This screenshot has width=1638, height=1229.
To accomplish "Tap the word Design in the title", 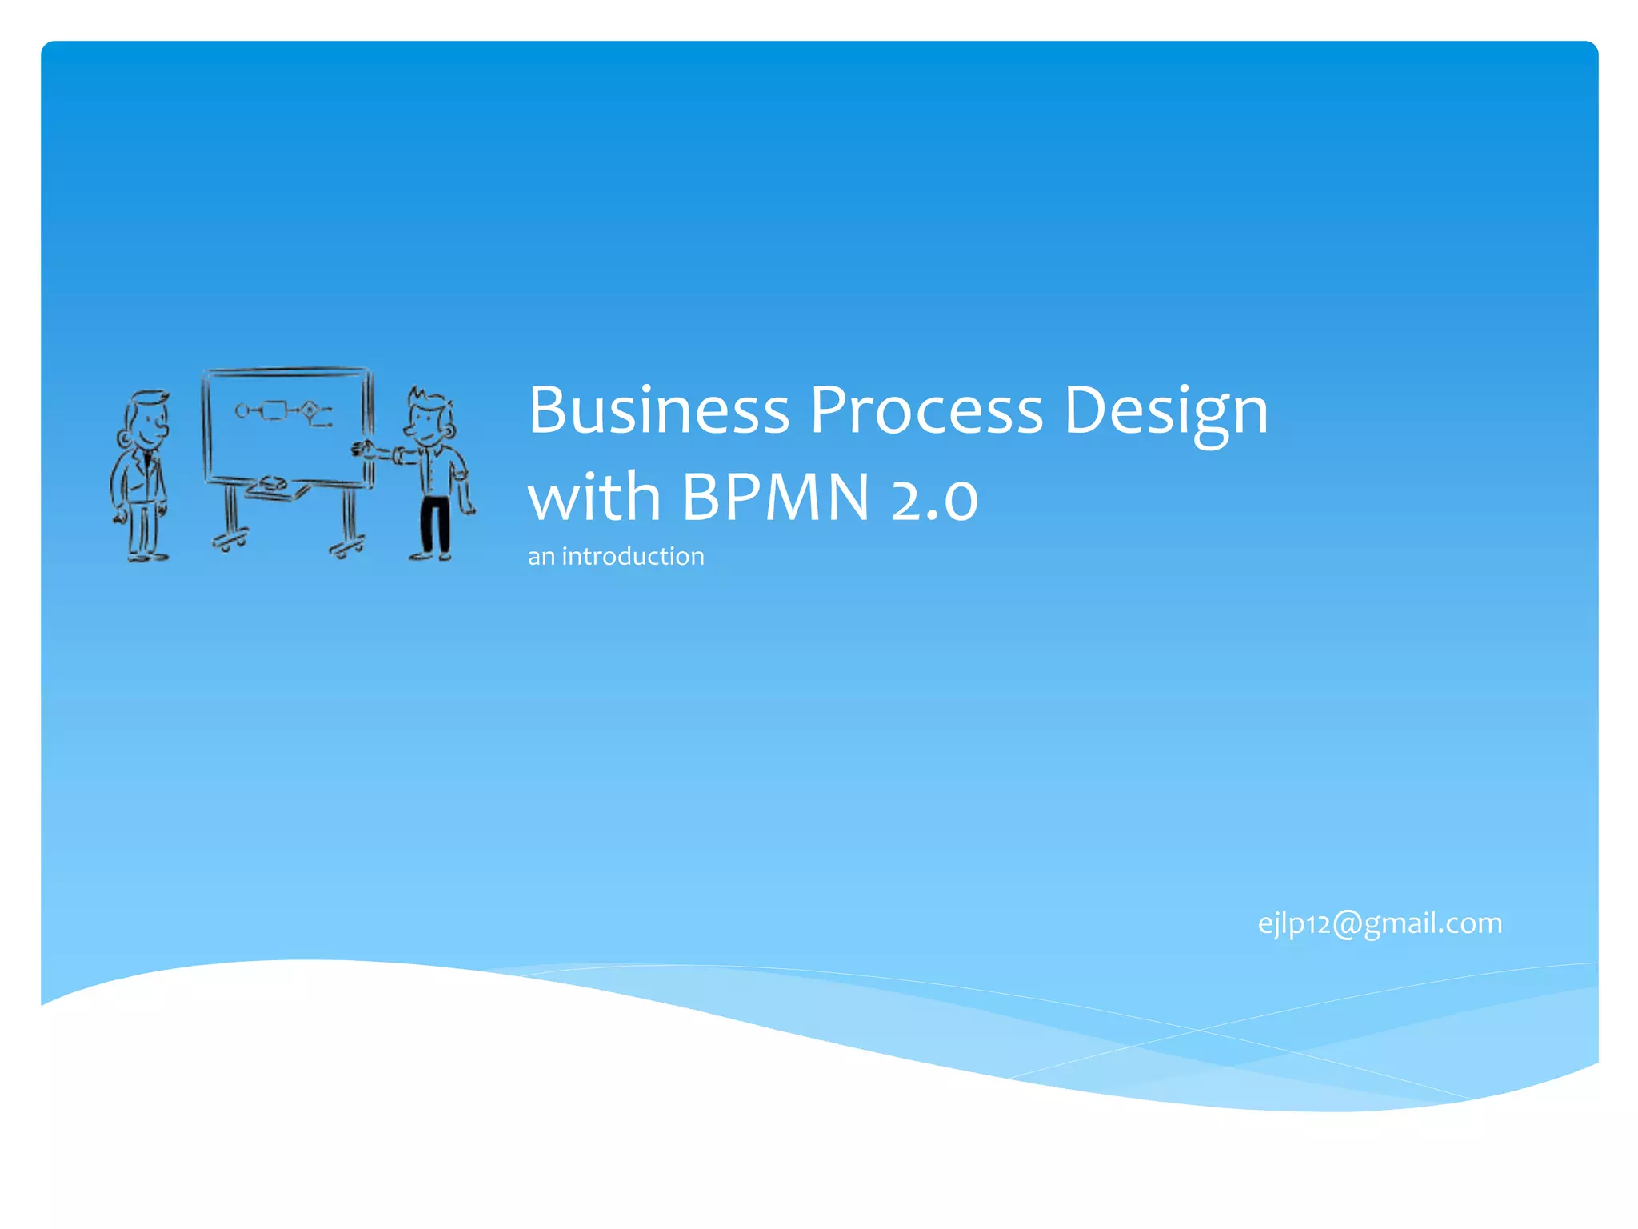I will pyautogui.click(x=1165, y=413).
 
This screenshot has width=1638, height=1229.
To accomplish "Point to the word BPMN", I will pyautogui.click(x=775, y=498).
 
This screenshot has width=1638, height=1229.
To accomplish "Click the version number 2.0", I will pyautogui.click(x=934, y=499).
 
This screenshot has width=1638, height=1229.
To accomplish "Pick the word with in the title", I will pyautogui.click(x=593, y=498).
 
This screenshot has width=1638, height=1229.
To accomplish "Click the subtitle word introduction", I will pyautogui.click(x=633, y=556).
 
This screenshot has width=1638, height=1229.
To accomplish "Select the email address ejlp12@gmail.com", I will pyautogui.click(x=1380, y=923).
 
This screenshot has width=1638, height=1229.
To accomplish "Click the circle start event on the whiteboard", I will pyautogui.click(x=242, y=411).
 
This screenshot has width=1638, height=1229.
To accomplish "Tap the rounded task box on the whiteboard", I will pyautogui.click(x=274, y=411).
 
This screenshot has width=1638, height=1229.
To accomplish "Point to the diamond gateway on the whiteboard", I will pyautogui.click(x=310, y=410).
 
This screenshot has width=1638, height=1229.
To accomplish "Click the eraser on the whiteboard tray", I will pyautogui.click(x=270, y=483).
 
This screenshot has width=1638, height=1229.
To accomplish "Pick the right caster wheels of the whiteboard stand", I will pyautogui.click(x=346, y=549).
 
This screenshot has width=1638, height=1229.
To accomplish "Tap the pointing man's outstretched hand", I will pyautogui.click(x=362, y=450).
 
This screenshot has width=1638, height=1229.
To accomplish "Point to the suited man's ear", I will pyautogui.click(x=124, y=438).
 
